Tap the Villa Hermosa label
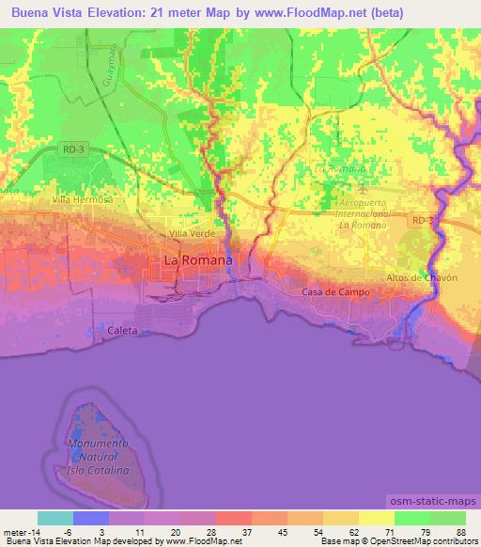[x=83, y=200]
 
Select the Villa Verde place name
[x=191, y=232]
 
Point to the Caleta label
[x=122, y=331]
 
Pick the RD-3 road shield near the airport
[x=422, y=219]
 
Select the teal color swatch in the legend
[x=55, y=518]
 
